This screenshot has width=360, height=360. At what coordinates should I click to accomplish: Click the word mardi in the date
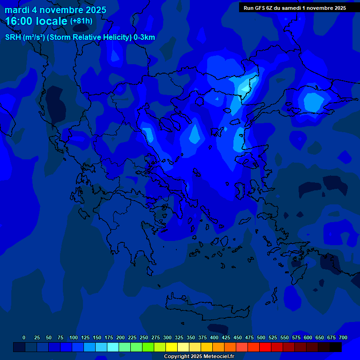[x=17, y=10]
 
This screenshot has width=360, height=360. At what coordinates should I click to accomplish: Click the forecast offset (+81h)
[x=81, y=21]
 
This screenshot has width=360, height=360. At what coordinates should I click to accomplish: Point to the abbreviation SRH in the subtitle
[x=13, y=37]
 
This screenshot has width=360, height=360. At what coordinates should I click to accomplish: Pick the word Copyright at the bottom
[x=178, y=356]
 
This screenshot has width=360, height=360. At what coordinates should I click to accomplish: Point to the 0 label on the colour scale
[x=24, y=337]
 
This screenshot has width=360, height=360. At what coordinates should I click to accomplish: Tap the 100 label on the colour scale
[x=74, y=337]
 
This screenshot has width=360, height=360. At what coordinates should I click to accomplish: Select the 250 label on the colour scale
[x=144, y=337]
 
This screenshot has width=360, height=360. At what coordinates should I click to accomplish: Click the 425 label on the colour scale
[x=226, y=337]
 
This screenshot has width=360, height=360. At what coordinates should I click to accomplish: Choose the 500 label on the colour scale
[x=261, y=337]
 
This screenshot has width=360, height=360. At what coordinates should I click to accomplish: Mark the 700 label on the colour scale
[x=343, y=337]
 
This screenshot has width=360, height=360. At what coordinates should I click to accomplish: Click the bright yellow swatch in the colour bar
[x=172, y=347]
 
